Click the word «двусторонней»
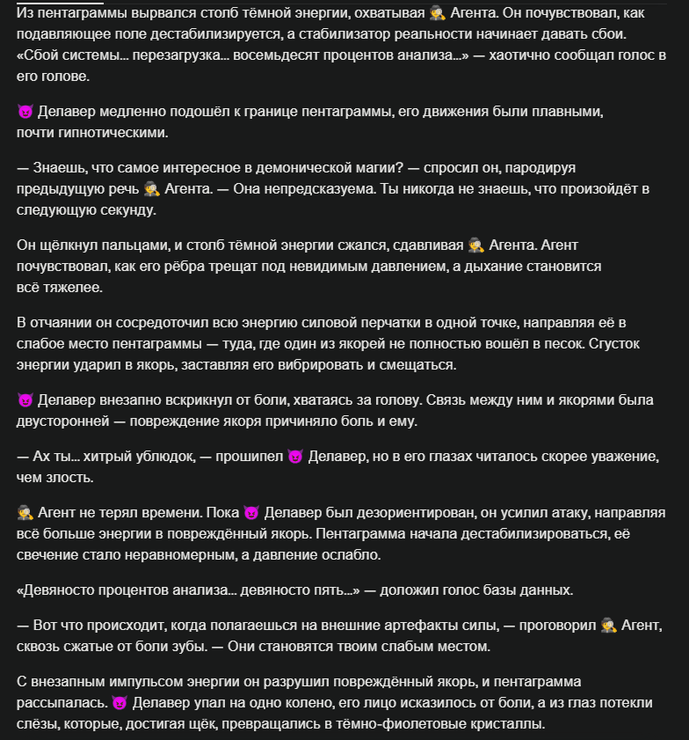61,421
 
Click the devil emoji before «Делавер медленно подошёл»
25,113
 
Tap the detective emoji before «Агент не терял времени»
25,512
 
